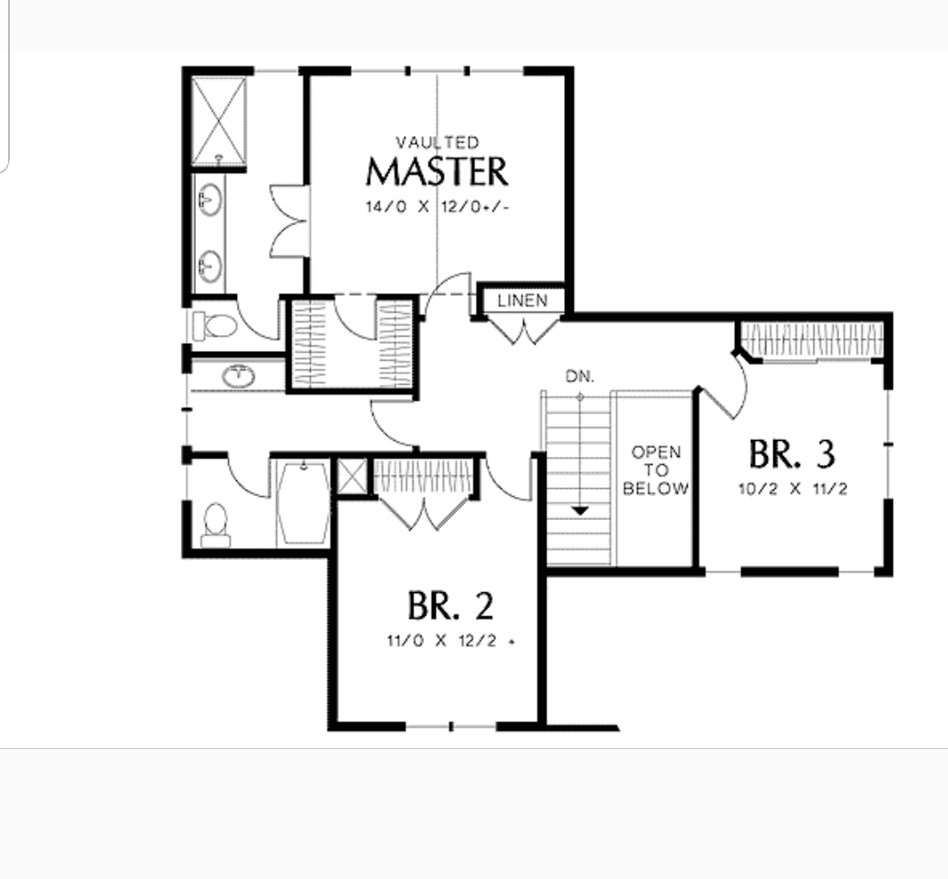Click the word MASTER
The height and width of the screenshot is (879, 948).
pyautogui.click(x=437, y=172)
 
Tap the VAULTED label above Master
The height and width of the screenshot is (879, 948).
pyautogui.click(x=437, y=142)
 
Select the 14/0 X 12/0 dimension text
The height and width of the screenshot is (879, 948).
pyautogui.click(x=437, y=207)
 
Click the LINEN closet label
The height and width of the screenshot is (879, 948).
pyautogui.click(x=522, y=300)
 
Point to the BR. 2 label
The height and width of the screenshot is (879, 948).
pyautogui.click(x=451, y=606)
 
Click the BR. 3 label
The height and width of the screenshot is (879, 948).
pyautogui.click(x=792, y=454)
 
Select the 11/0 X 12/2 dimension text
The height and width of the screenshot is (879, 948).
pyautogui.click(x=451, y=640)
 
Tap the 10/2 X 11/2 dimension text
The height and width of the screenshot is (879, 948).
pyautogui.click(x=793, y=489)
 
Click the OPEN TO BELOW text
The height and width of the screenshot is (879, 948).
pyautogui.click(x=656, y=470)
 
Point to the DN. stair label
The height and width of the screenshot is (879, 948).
pyautogui.click(x=580, y=377)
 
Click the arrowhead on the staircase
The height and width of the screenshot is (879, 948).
pyautogui.click(x=580, y=511)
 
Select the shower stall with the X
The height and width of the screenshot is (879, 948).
pyautogui.click(x=219, y=120)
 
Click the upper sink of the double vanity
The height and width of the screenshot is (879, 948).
pyautogui.click(x=209, y=199)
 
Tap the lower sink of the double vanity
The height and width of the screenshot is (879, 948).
pyautogui.click(x=210, y=266)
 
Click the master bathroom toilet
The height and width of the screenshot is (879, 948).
pyautogui.click(x=215, y=326)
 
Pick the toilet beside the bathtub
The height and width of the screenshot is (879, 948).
pyautogui.click(x=216, y=525)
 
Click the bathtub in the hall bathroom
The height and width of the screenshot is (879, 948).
pyautogui.click(x=304, y=502)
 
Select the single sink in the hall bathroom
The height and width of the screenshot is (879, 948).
pyautogui.click(x=238, y=377)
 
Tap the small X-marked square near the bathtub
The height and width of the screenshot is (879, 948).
pyautogui.click(x=352, y=476)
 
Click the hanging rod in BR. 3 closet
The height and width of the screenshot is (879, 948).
pyautogui.click(x=813, y=340)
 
